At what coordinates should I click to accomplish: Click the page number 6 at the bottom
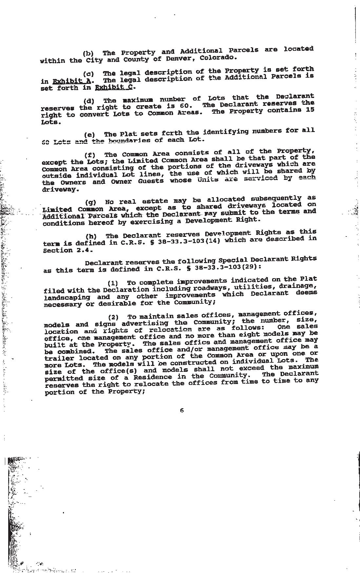[x=182, y=410]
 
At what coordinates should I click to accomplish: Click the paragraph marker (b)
[x=88, y=53]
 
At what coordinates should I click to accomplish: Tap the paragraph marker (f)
[x=90, y=155]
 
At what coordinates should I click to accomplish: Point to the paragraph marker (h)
[x=91, y=236]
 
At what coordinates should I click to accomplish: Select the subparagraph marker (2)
[x=113, y=317]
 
